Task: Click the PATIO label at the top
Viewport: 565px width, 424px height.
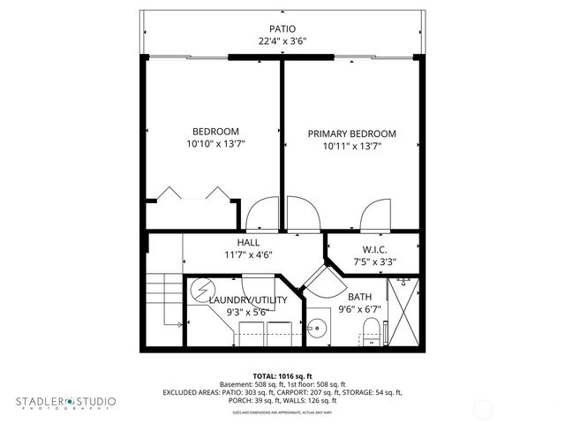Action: coord(282,28)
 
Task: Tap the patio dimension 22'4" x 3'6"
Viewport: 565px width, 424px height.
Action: coord(282,42)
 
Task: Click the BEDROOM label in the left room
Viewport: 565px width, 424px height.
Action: coord(215,132)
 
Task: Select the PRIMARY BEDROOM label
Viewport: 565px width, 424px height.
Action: coord(351,134)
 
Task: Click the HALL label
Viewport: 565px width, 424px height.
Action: coord(247,243)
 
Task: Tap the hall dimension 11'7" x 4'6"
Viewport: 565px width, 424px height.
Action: coord(247,254)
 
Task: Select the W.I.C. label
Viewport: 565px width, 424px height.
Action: coord(374,250)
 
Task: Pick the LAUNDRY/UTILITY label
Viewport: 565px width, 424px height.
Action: coord(248,300)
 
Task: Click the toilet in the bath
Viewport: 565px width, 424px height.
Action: coord(372,332)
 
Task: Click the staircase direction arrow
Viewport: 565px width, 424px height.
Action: coord(179,325)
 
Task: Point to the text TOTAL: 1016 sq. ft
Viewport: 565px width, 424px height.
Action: coord(282,375)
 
